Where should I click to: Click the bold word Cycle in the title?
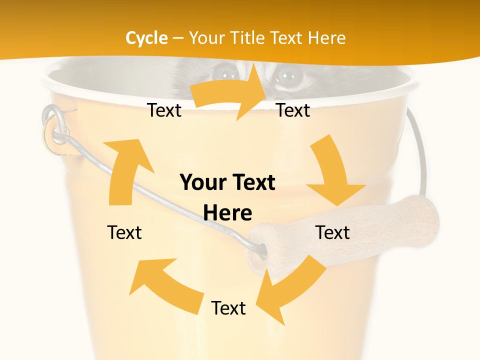pyautogui.click(x=146, y=38)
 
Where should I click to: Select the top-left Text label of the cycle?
pyautogui.click(x=164, y=110)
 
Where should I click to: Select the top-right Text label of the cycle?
pyautogui.click(x=293, y=110)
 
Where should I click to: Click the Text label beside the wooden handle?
pyautogui.click(x=332, y=232)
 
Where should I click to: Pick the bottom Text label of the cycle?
pyautogui.click(x=228, y=308)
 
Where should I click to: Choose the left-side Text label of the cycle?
pyautogui.click(x=124, y=232)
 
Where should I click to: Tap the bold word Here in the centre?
pyautogui.click(x=227, y=213)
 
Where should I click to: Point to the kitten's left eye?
pyautogui.click(x=223, y=74)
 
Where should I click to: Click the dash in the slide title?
pyautogui.click(x=177, y=38)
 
